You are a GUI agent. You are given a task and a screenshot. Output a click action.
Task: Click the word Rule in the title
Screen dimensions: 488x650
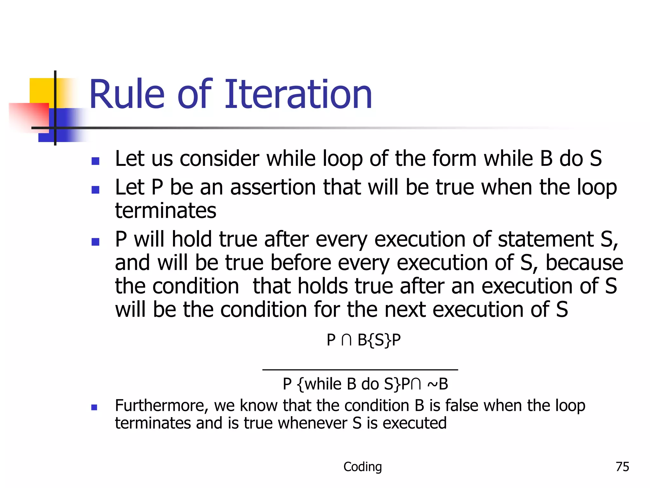click(127, 95)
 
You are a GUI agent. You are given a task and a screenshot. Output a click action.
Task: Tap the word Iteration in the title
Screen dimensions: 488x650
click(298, 95)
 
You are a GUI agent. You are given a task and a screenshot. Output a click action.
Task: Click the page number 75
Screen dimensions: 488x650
click(622, 467)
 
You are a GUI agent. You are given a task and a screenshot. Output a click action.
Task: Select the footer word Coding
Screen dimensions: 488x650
click(362, 467)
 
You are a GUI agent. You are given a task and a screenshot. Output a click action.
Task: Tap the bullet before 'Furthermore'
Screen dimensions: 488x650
click(94, 407)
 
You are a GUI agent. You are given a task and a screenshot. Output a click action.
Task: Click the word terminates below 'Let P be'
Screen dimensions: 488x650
click(165, 211)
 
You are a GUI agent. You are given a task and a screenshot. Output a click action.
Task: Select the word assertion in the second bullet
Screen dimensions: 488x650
click(273, 187)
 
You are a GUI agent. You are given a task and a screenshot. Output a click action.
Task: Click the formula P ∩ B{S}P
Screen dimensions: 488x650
click(363, 340)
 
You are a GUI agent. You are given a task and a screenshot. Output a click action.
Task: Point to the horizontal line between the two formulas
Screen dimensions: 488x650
click(360, 369)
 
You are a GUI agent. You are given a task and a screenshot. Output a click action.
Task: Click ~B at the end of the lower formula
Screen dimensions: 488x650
click(438, 384)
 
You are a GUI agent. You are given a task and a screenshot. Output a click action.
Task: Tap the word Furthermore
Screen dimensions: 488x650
click(161, 406)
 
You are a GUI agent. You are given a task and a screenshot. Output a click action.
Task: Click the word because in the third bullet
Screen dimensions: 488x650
click(584, 263)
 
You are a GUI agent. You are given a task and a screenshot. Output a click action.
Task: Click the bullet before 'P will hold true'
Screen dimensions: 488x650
click(95, 242)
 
